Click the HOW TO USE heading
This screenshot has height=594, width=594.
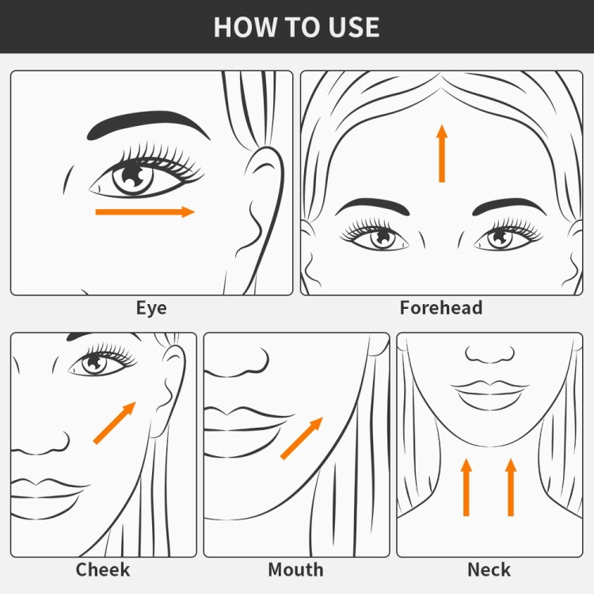(x=297, y=27)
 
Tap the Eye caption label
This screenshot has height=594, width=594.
(x=151, y=308)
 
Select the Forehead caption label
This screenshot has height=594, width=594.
(x=441, y=307)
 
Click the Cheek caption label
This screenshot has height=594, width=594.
(x=103, y=569)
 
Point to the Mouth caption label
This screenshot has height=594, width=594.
(x=295, y=569)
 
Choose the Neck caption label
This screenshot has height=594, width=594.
(x=489, y=569)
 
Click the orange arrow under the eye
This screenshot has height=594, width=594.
(x=145, y=211)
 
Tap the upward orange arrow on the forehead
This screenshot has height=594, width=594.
(x=442, y=154)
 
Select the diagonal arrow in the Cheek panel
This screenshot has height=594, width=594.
(x=114, y=423)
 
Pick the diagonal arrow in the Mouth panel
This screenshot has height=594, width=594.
(x=302, y=439)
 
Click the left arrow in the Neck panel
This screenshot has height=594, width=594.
(x=466, y=487)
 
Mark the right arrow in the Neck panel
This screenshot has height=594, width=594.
(x=511, y=487)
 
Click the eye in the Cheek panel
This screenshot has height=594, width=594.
(x=99, y=361)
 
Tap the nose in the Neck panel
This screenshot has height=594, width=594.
(x=489, y=354)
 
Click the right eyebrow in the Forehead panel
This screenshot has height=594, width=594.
(x=509, y=206)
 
